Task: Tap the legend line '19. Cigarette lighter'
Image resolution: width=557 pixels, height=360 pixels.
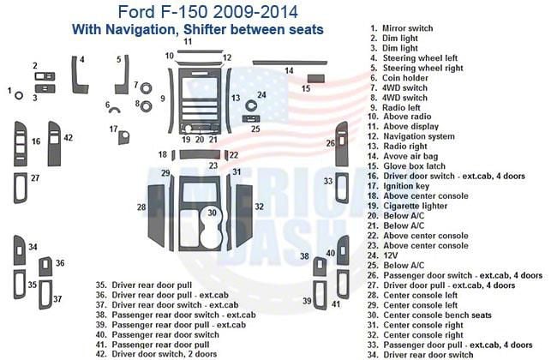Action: [416, 206]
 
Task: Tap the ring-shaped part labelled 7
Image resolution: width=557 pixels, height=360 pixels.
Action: [146, 87]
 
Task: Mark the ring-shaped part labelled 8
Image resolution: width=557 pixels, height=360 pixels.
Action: [146, 105]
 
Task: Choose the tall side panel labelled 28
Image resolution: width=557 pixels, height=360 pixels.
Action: [155, 207]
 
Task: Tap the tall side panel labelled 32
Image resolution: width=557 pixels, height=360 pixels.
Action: [246, 207]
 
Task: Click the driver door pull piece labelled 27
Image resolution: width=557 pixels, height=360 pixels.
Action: [20, 188]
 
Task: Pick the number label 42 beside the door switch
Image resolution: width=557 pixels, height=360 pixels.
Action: [68, 137]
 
